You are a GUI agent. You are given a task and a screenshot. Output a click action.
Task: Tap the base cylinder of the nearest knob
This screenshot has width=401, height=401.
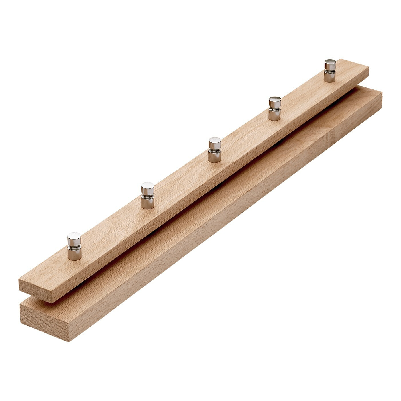[74, 254]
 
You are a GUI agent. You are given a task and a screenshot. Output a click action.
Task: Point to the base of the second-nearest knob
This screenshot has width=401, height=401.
[148, 203]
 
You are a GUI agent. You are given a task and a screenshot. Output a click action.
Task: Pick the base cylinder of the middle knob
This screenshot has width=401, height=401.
[215, 157]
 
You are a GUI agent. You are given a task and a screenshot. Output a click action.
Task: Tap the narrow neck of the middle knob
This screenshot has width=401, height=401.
[215, 150]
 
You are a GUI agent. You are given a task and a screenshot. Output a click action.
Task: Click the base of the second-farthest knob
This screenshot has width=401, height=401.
[274, 115]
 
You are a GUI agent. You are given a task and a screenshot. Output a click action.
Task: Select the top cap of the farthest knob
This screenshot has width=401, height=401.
[330, 63]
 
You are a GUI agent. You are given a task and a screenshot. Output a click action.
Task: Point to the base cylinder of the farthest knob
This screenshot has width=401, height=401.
[330, 77]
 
